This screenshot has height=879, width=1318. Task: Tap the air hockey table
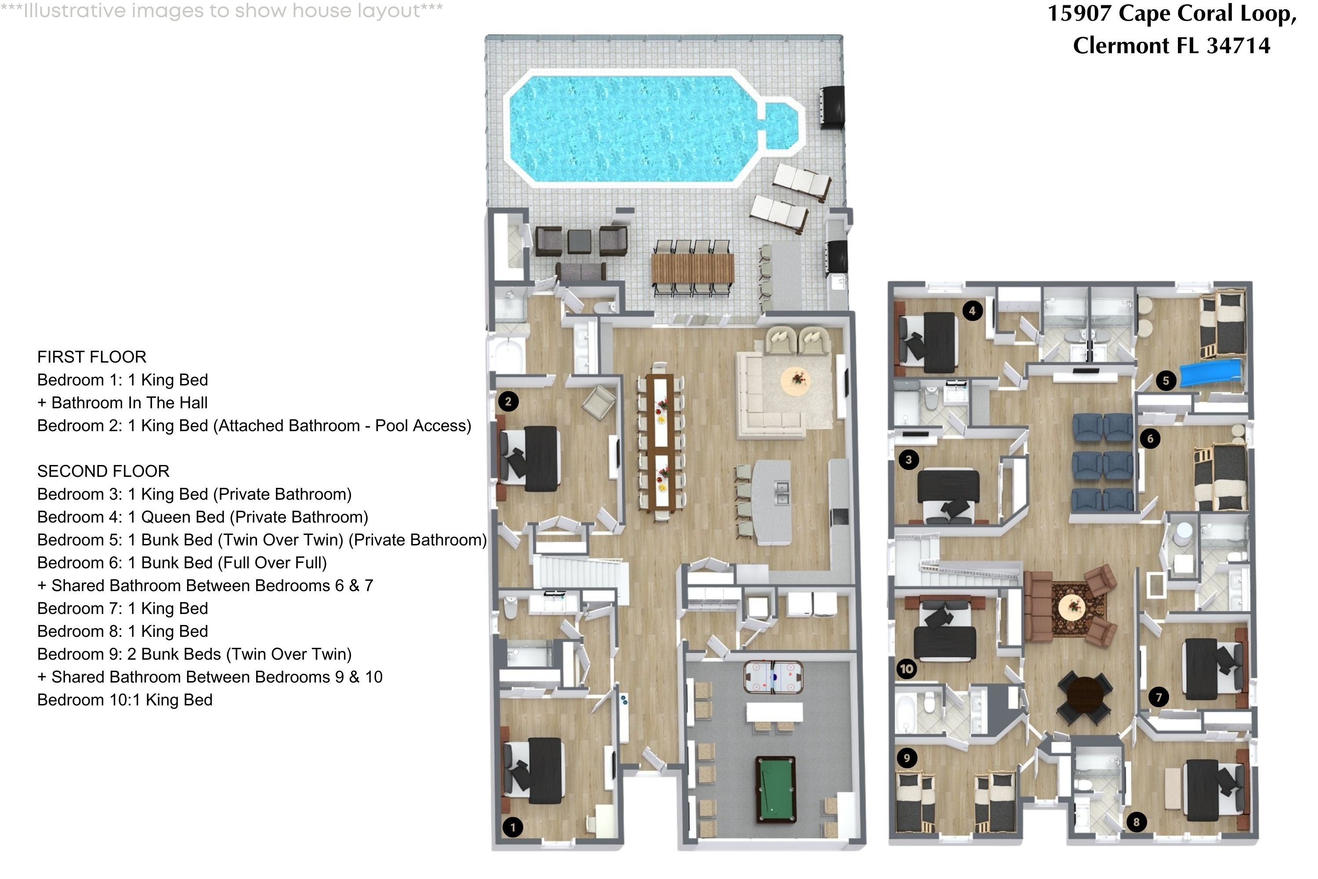pyautogui.click(x=773, y=677)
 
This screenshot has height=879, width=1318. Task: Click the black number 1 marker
pyautogui.click(x=512, y=827)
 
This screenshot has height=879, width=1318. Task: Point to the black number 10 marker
pyautogui.click(x=906, y=669)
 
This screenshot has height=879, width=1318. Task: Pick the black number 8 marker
pyautogui.click(x=1136, y=822)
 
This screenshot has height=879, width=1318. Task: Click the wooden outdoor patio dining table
pyautogui.click(x=693, y=269)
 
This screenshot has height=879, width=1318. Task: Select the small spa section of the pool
pyautogui.click(x=781, y=127)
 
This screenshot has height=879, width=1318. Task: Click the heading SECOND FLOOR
pyautogui.click(x=103, y=471)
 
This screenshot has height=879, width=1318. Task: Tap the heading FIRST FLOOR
pyautogui.click(x=91, y=356)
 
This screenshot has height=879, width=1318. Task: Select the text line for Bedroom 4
pyautogui.click(x=202, y=517)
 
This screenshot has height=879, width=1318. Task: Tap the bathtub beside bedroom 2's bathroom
pyautogui.click(x=508, y=355)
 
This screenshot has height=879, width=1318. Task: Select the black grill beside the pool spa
pyautogui.click(x=833, y=108)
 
